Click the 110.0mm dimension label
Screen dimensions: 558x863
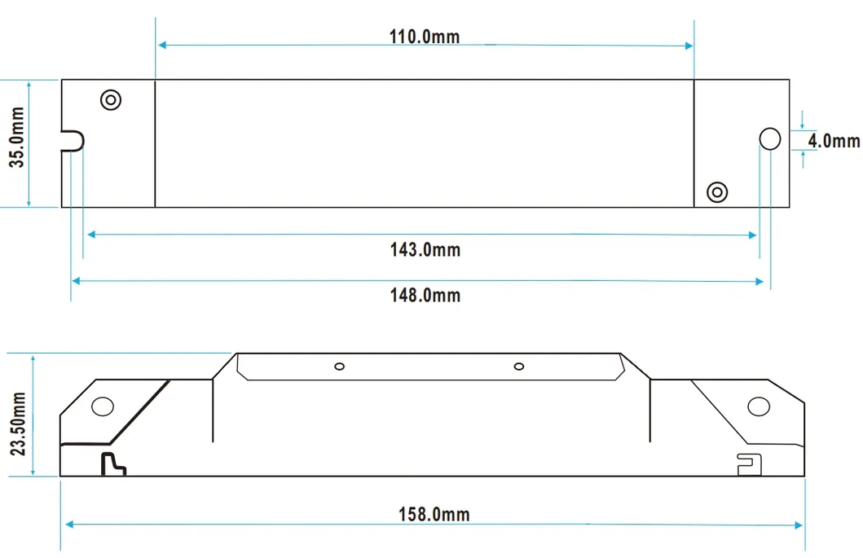click(424, 37)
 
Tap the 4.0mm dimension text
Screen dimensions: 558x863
click(834, 141)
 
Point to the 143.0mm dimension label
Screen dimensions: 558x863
click(425, 249)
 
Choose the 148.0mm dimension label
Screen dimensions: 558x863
click(425, 295)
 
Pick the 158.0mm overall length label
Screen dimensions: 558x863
click(434, 514)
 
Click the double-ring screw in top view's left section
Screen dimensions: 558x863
click(111, 100)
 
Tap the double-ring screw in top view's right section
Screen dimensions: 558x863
click(717, 192)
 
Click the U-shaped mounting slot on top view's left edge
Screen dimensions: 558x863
click(73, 141)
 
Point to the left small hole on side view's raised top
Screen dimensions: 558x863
click(340, 366)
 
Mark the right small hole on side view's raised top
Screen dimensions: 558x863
click(518, 366)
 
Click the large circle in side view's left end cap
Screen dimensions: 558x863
click(102, 406)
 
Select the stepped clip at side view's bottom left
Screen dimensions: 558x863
click(112, 464)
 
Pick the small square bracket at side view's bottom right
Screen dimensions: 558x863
click(748, 464)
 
